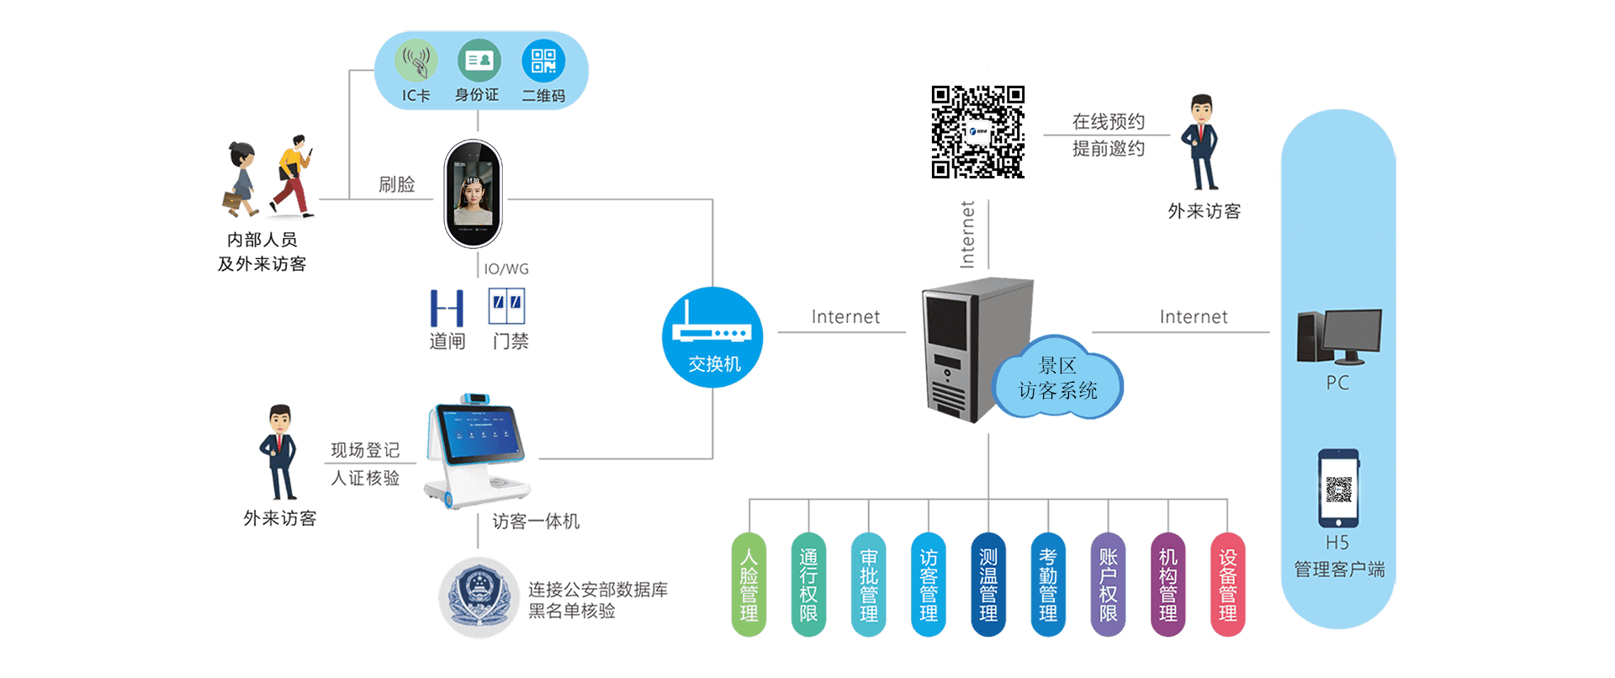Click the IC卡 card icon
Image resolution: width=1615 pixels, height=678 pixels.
pos(416,61)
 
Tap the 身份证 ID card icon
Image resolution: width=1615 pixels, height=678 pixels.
pos(479,61)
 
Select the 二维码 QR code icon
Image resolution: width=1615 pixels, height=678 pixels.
pos(543,61)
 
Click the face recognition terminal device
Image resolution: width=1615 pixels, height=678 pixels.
pos(474,194)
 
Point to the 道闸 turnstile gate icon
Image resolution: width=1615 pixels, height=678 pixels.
pos(447,308)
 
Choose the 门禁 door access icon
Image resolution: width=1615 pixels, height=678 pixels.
pos(506,306)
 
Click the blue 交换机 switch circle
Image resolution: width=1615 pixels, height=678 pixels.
pos(712,337)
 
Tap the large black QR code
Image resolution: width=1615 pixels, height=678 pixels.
pos(977,132)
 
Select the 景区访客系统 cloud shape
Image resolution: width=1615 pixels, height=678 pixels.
pos(1057,379)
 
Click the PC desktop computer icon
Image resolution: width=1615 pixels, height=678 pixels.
pos(1339,336)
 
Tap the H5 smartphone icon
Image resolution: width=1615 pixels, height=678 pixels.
pos(1338,488)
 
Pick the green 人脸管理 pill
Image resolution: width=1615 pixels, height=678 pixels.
pos(749,585)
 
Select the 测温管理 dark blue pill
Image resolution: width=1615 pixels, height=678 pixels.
pos(988,585)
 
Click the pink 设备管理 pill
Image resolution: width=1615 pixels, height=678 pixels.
pos(1227,585)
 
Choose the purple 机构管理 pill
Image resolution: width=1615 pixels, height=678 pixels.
pos(1168,585)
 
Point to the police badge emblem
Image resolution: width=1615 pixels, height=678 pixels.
pos(479,598)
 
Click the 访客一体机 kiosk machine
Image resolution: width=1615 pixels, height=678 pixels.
pos(477,450)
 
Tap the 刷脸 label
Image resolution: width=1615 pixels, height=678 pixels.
pos(397,184)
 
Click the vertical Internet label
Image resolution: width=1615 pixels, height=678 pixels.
pos(967,235)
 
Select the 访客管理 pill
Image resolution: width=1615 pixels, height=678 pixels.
pos(929,585)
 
